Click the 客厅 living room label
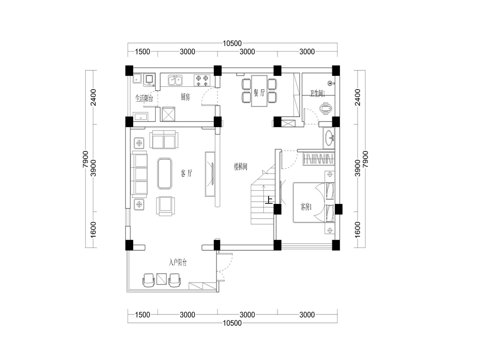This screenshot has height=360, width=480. (187, 173)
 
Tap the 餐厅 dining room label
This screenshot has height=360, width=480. (259, 92)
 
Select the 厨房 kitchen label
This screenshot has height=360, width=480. (185, 97)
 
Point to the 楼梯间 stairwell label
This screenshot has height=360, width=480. (240, 167)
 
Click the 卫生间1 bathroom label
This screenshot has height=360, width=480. (317, 93)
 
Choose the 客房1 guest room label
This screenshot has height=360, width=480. (306, 207)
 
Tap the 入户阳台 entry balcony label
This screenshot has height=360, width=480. (178, 262)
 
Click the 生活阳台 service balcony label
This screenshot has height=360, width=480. (144, 98)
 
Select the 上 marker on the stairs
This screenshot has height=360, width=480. (269, 200)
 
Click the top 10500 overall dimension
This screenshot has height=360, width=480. (232, 44)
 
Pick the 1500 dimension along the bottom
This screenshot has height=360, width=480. (142, 315)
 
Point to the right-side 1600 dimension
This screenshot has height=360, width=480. (358, 230)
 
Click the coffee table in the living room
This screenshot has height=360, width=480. (165, 173)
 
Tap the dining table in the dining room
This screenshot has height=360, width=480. (259, 91)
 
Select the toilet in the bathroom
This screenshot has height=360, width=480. (325, 109)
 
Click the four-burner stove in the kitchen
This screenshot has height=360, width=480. (202, 80)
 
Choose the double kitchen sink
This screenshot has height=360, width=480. (175, 81)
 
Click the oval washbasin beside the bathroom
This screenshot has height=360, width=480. (330, 137)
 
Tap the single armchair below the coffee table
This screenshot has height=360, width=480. (165, 206)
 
